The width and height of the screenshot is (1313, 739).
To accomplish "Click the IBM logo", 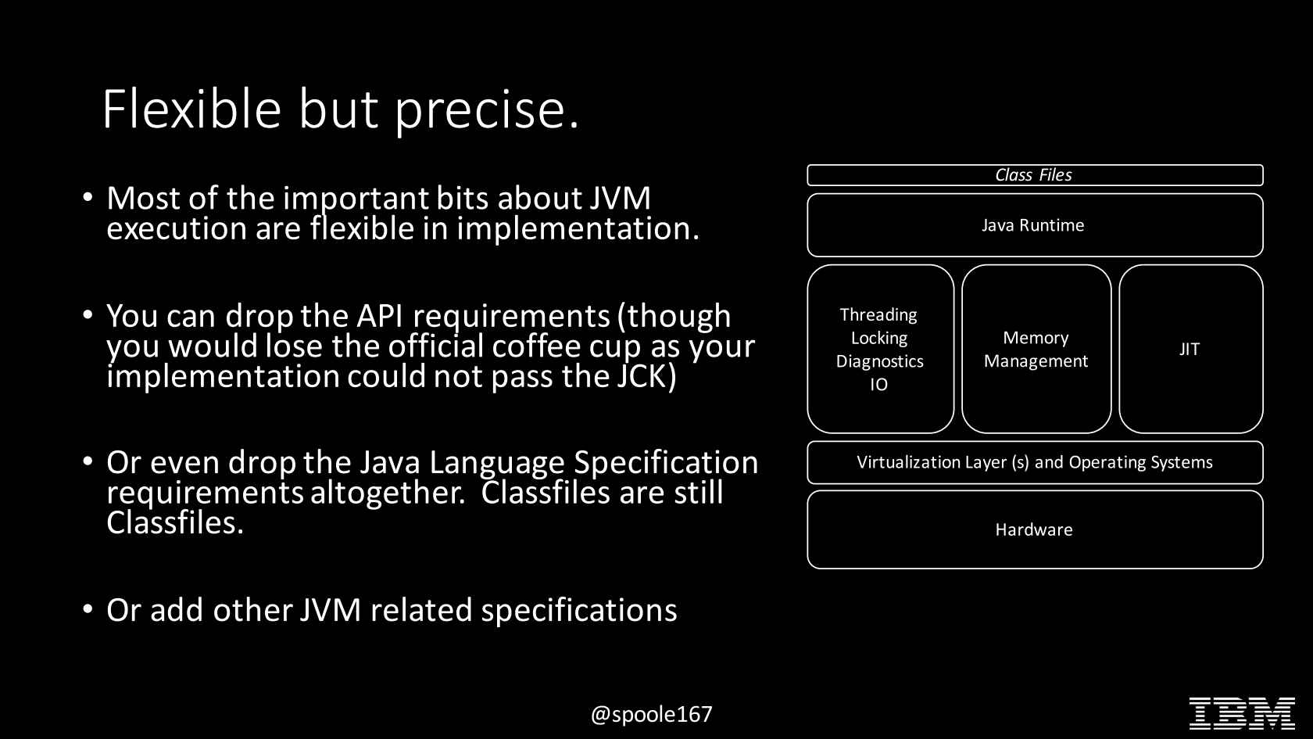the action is [x=1242, y=713].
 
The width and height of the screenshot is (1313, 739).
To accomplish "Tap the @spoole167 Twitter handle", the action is [x=651, y=715].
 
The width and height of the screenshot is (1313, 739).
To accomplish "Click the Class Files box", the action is [x=1035, y=175].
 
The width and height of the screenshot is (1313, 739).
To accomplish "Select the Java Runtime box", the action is [x=1035, y=225].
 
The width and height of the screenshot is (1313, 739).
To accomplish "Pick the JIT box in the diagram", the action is [x=1190, y=349].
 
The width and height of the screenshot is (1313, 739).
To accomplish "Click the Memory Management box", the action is [x=1036, y=349].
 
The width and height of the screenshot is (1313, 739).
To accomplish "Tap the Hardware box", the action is [x=1035, y=529].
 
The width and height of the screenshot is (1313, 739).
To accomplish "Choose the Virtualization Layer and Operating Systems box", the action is [x=1035, y=462].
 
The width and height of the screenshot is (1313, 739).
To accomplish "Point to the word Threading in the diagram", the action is [x=878, y=316].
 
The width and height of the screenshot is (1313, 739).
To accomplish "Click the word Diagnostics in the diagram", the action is [x=879, y=362].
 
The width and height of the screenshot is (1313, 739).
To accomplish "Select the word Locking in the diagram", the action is [x=878, y=339].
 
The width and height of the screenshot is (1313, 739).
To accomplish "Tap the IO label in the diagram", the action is [x=878, y=384].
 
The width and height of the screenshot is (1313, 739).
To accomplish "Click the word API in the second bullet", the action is [x=379, y=316].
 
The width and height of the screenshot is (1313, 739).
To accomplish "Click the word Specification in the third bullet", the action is [x=665, y=463].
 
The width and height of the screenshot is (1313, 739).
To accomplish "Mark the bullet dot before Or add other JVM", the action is [x=88, y=609].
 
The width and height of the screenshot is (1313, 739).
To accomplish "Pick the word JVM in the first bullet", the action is [x=620, y=199].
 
